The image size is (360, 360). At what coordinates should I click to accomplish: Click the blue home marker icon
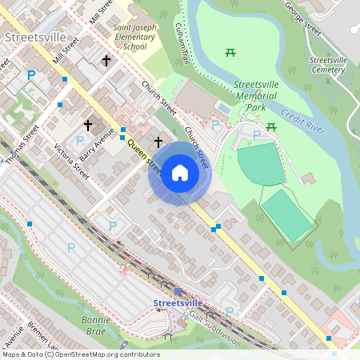[x=180, y=173]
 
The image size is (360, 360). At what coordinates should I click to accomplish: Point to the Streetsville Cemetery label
[x=328, y=65]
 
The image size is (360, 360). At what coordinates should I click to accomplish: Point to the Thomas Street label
[x=21, y=144]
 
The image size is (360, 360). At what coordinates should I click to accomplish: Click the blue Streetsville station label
[x=178, y=303]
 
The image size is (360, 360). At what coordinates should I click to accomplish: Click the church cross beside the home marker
[x=158, y=141]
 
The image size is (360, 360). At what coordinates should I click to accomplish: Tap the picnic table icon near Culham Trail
[x=230, y=52]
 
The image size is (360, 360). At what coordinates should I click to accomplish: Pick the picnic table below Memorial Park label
[x=271, y=126]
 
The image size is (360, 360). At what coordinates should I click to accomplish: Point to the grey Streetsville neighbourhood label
[x=30, y=37]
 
